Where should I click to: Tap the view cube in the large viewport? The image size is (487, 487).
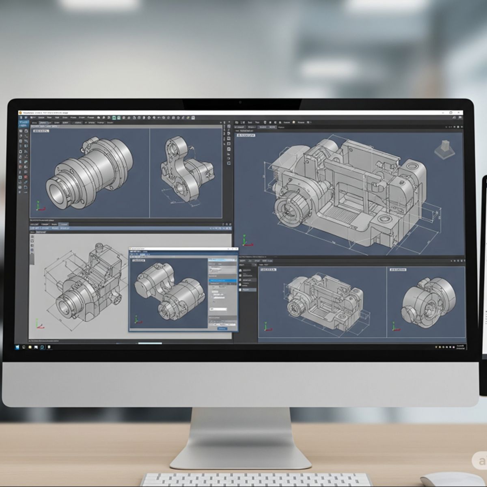pyautogui.click(x=444, y=149)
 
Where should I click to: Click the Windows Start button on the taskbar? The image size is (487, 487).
pyautogui.click(x=17, y=347)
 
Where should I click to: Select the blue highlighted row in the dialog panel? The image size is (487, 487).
pyautogui.click(x=222, y=280)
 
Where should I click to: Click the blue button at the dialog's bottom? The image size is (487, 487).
pyautogui.click(x=222, y=328)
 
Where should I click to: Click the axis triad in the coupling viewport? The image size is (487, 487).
pyautogui.click(x=38, y=206)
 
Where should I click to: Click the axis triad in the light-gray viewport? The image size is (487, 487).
pyautogui.click(x=38, y=324)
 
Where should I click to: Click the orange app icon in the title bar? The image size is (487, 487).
pyautogui.click(x=20, y=113)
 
